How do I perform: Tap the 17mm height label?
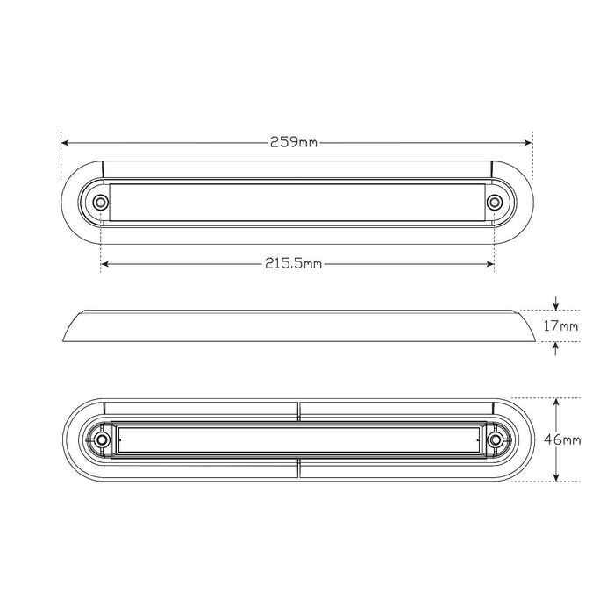point(561,326)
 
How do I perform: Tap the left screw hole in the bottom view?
point(102,439)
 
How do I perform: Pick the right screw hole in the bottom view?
point(496,439)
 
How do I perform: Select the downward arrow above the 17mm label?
point(555,305)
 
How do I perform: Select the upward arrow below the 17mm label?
point(555,346)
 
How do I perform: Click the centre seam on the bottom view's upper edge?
point(298,404)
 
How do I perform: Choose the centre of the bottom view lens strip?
point(298,439)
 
